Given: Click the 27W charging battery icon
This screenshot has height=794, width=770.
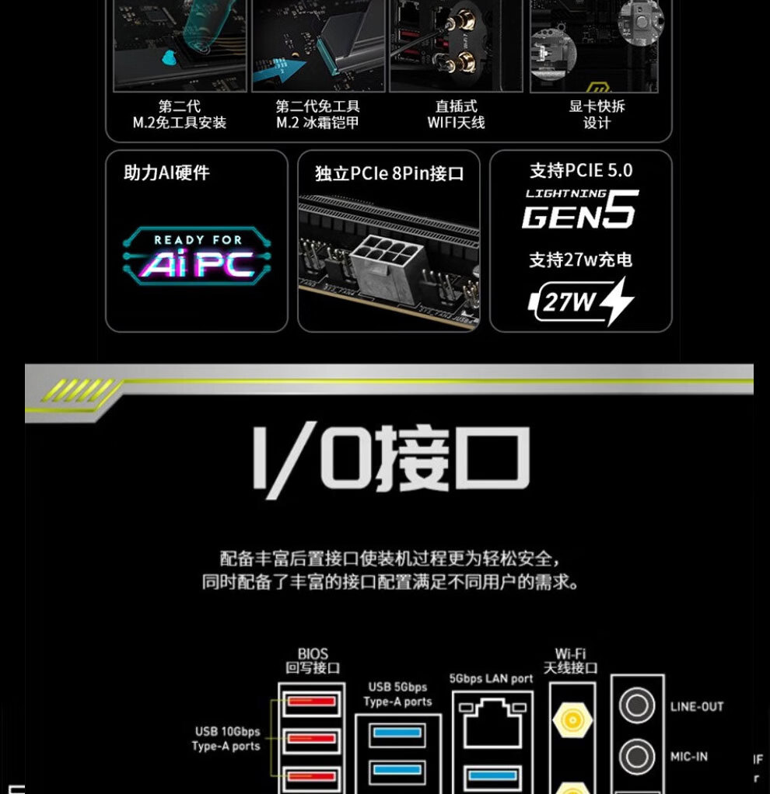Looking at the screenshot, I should (580, 301).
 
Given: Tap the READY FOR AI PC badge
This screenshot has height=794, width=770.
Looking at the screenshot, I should (197, 256).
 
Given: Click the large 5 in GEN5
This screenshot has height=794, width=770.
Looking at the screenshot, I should (620, 210).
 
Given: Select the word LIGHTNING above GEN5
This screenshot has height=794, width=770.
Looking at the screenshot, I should (565, 193).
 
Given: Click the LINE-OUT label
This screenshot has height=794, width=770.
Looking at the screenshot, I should (696, 707).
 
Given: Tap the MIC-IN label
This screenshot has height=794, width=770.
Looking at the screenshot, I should (689, 756).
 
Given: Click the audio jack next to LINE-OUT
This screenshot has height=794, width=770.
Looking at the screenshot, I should (637, 706).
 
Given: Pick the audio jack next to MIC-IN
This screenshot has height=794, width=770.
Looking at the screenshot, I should (637, 755).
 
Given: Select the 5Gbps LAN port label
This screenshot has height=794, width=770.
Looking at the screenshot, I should (492, 679).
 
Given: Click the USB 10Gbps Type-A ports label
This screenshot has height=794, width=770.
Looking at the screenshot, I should (226, 739).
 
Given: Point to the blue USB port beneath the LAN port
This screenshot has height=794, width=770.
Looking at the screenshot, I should (492, 775).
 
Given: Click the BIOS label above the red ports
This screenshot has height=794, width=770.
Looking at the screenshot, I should (313, 654).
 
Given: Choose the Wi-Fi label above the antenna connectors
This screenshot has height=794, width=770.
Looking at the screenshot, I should (571, 654).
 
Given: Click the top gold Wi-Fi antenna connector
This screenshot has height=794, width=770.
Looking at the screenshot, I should (572, 720).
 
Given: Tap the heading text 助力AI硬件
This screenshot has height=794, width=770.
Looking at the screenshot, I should (166, 172).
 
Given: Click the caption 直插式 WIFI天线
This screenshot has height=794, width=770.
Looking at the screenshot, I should (456, 114).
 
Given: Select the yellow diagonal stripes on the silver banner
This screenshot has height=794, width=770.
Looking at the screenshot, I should (76, 390).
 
